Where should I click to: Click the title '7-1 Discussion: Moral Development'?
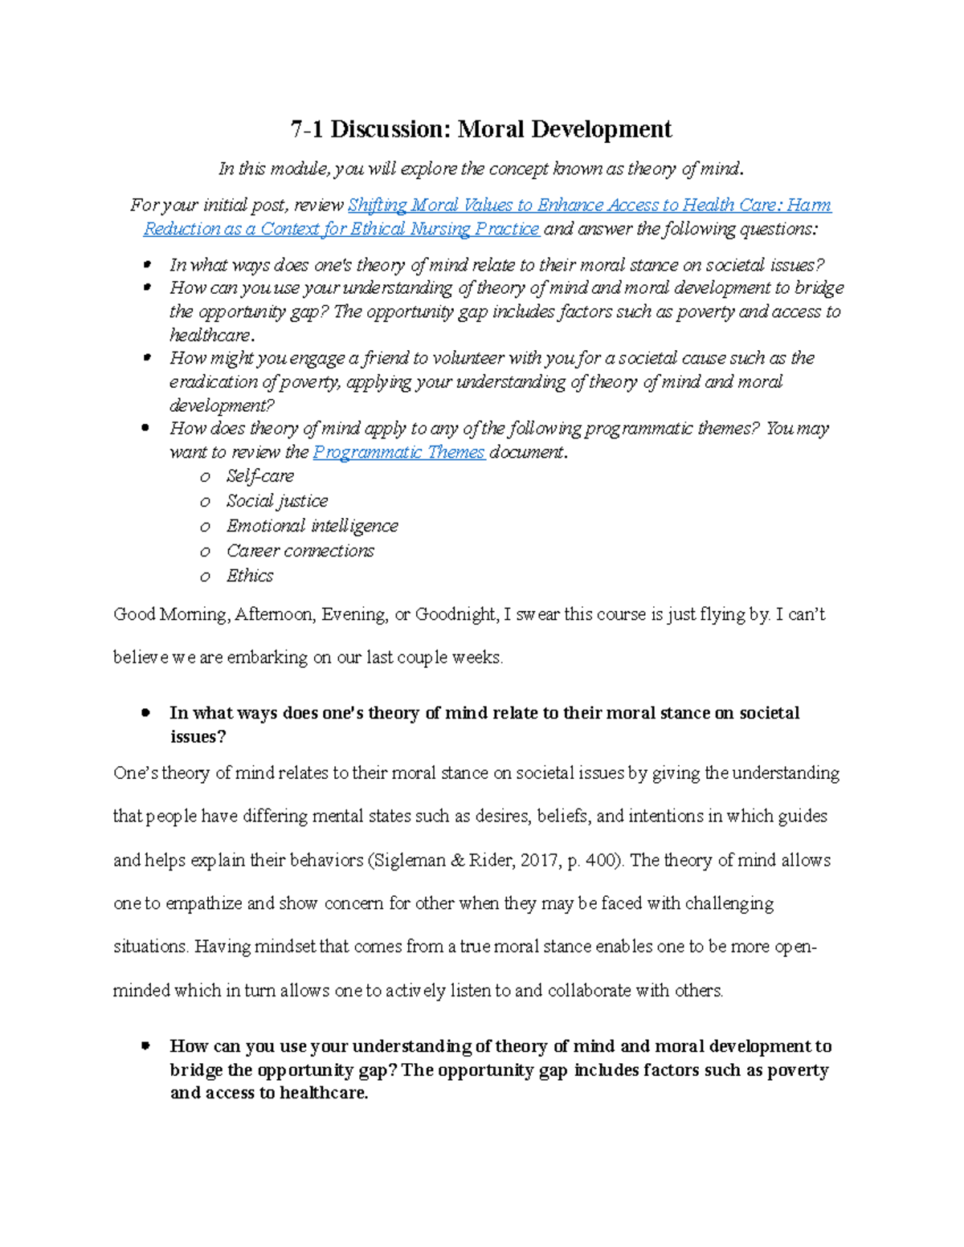click(481, 129)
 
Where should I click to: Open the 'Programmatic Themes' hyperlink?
click(398, 452)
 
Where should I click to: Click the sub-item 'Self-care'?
click(260, 476)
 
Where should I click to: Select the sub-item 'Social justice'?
click(277, 501)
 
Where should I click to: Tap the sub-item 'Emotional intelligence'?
click(312, 526)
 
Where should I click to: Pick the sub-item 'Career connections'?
click(300, 551)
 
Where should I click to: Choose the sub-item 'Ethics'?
click(250, 576)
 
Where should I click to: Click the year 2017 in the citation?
click(538, 860)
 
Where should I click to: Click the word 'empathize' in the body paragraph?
click(203, 903)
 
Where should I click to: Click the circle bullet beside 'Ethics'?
click(205, 577)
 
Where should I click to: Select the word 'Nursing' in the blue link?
click(440, 229)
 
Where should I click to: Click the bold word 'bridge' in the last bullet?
click(196, 1070)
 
